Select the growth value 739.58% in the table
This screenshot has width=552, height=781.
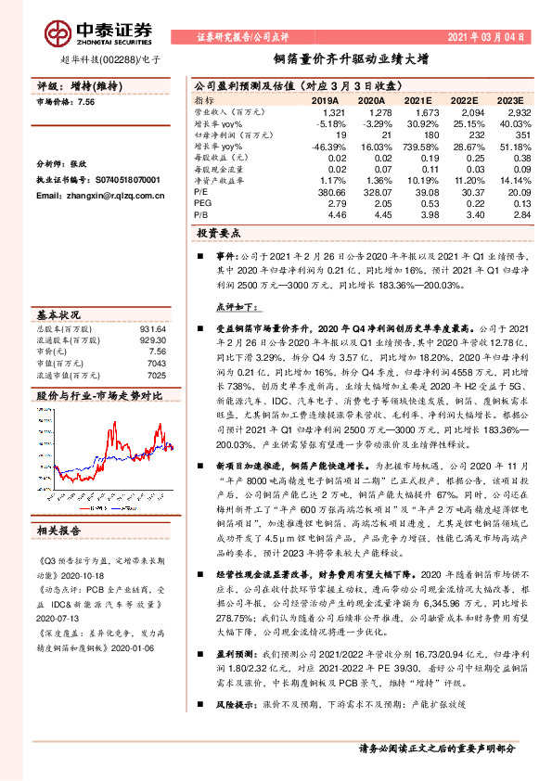tap(413, 147)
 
